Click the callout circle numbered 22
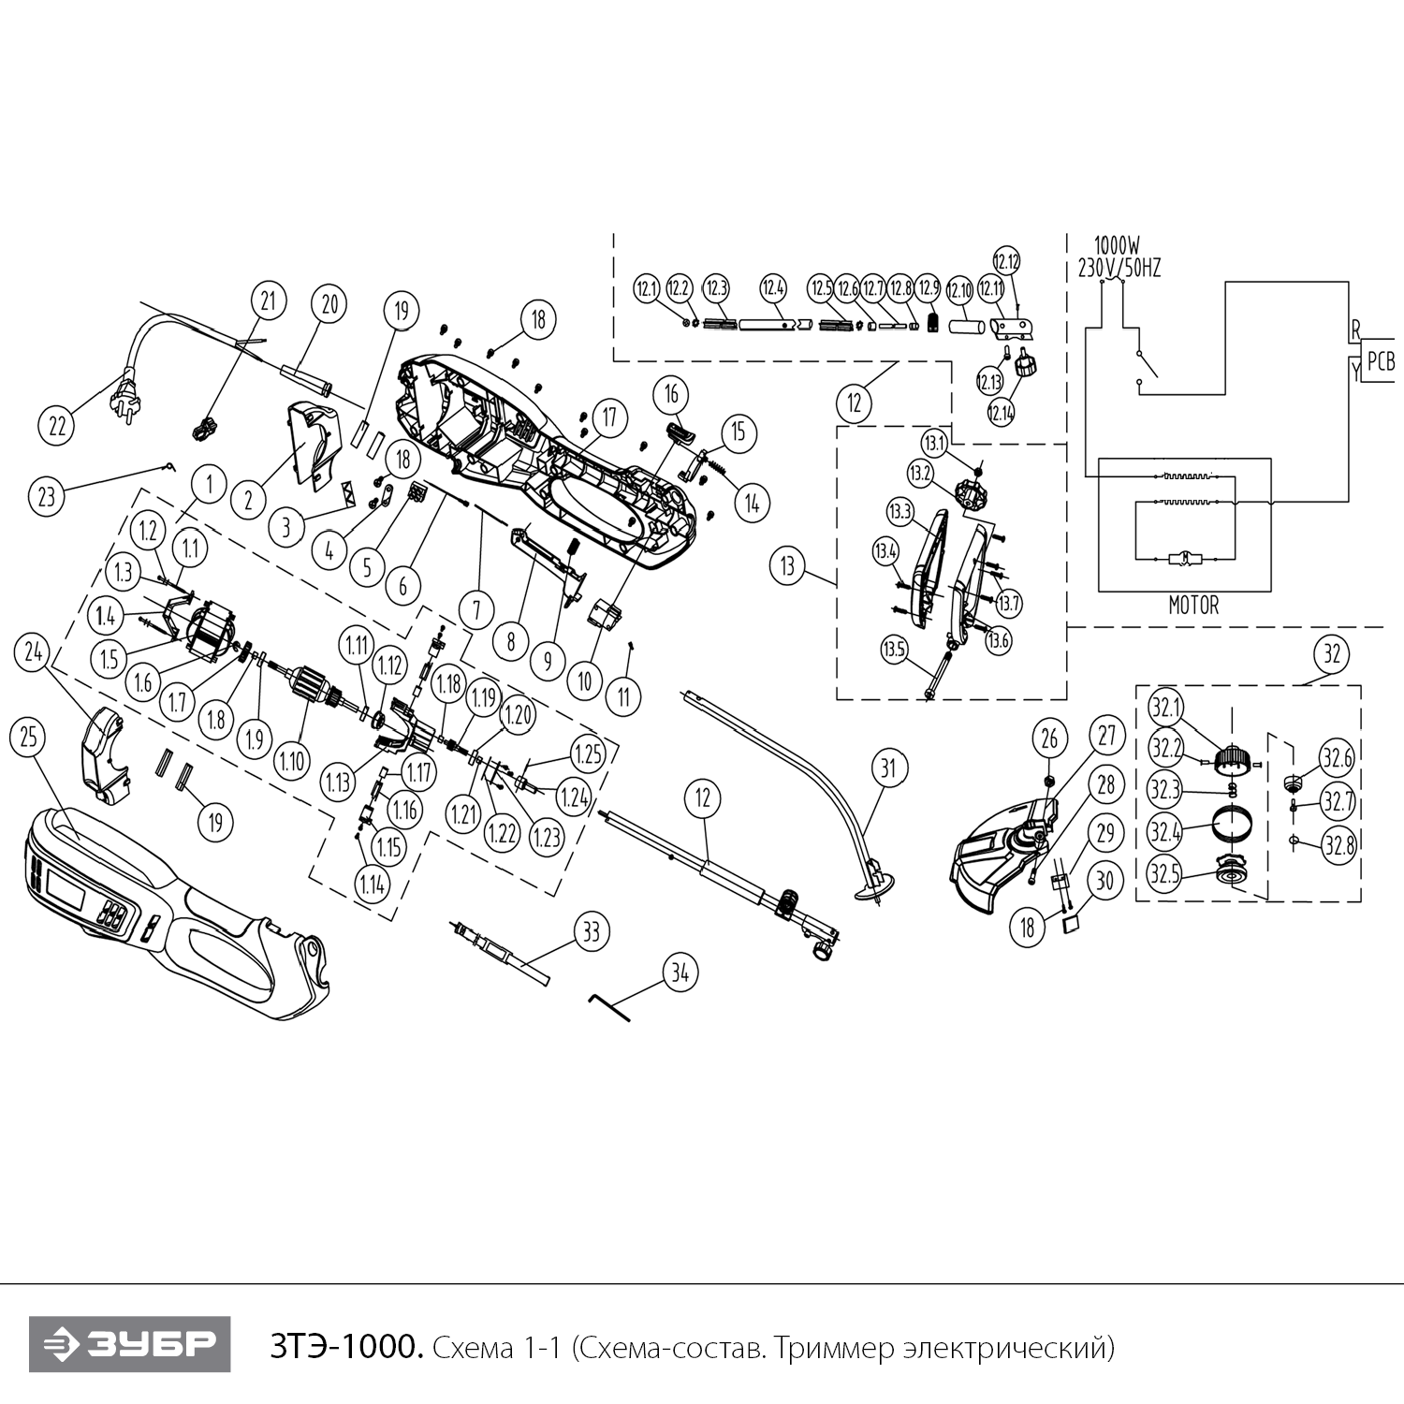point(58,425)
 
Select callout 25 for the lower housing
point(29,738)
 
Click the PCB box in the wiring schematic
point(1381,362)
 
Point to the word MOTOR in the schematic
point(1193,606)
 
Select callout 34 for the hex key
point(680,973)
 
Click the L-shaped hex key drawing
point(609,1007)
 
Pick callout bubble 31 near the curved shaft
point(888,768)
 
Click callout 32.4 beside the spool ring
point(1166,829)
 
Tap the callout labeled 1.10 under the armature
point(291,761)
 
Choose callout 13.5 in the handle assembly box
point(895,649)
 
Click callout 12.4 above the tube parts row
point(772,288)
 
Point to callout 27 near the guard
point(1107,736)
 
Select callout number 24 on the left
point(35,653)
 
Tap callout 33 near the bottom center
point(591,931)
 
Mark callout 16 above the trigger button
point(671,395)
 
